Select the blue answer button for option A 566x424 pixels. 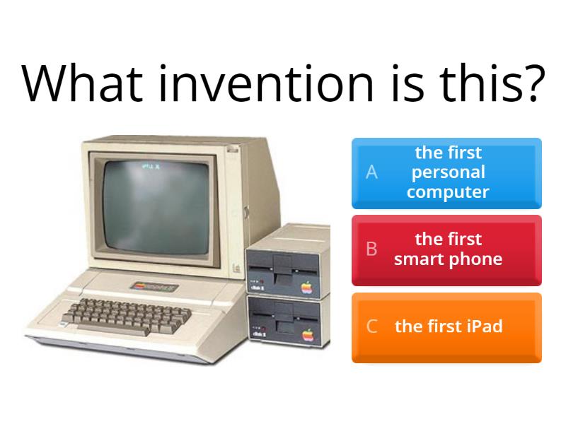[446, 173]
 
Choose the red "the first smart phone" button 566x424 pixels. [446, 250]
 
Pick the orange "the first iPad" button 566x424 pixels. [446, 327]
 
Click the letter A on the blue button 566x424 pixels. [371, 172]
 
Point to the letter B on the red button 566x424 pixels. [371, 249]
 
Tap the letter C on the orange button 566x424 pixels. [371, 326]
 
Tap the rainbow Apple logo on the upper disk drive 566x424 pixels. [307, 287]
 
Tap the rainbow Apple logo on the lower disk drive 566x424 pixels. [308, 334]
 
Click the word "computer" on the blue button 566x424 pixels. [448, 192]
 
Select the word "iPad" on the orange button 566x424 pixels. [485, 326]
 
